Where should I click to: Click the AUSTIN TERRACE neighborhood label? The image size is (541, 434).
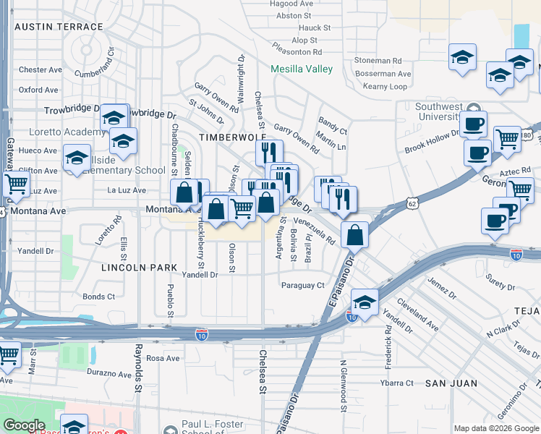[59, 27]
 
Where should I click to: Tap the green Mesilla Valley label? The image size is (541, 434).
[302, 69]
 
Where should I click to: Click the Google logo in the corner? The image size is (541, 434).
[24, 425]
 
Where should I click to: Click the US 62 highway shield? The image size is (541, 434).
[412, 205]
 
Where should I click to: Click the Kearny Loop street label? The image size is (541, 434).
[385, 86]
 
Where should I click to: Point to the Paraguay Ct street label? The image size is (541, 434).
[303, 285]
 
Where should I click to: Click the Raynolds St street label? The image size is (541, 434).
[137, 367]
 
